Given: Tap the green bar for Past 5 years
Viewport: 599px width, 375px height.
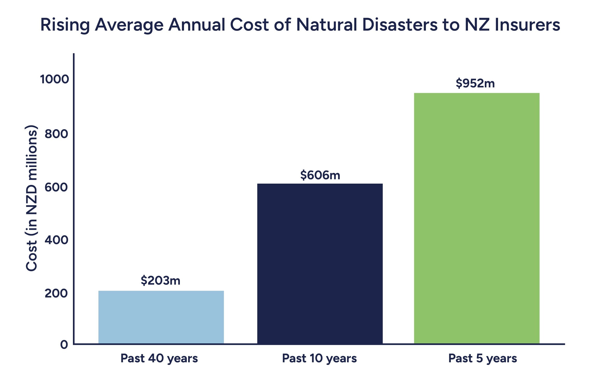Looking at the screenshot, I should pyautogui.click(x=477, y=218).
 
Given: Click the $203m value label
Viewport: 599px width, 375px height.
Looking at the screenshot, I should pyautogui.click(x=160, y=281).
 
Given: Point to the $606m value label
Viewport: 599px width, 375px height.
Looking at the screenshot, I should pyautogui.click(x=320, y=175).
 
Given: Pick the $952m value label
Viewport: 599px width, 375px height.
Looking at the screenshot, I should pyautogui.click(x=475, y=84).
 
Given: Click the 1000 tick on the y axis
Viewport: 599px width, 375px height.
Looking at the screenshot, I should pyautogui.click(x=55, y=79).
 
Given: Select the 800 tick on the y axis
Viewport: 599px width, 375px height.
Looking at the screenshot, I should pyautogui.click(x=56, y=134).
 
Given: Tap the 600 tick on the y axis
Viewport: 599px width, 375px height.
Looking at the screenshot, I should pyautogui.click(x=56, y=187).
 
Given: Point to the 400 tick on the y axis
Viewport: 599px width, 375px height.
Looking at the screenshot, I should pyautogui.click(x=56, y=240).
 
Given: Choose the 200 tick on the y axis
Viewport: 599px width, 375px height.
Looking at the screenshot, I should pyautogui.click(x=56, y=293).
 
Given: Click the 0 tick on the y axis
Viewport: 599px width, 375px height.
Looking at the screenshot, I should pyautogui.click(x=64, y=345).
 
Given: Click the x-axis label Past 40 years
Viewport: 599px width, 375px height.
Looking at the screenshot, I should pyautogui.click(x=159, y=359).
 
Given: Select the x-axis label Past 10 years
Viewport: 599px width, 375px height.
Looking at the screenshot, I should pyautogui.click(x=319, y=359).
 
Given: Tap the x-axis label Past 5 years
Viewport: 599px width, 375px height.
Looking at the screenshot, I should pyautogui.click(x=482, y=359).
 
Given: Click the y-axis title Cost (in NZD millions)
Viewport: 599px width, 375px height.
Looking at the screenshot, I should pyautogui.click(x=32, y=198).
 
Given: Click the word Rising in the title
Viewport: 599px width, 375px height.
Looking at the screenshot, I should pyautogui.click(x=65, y=25).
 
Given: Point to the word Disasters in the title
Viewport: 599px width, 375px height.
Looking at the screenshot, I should pyautogui.click(x=400, y=25).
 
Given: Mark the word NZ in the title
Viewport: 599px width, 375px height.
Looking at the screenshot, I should pyautogui.click(x=477, y=25).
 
